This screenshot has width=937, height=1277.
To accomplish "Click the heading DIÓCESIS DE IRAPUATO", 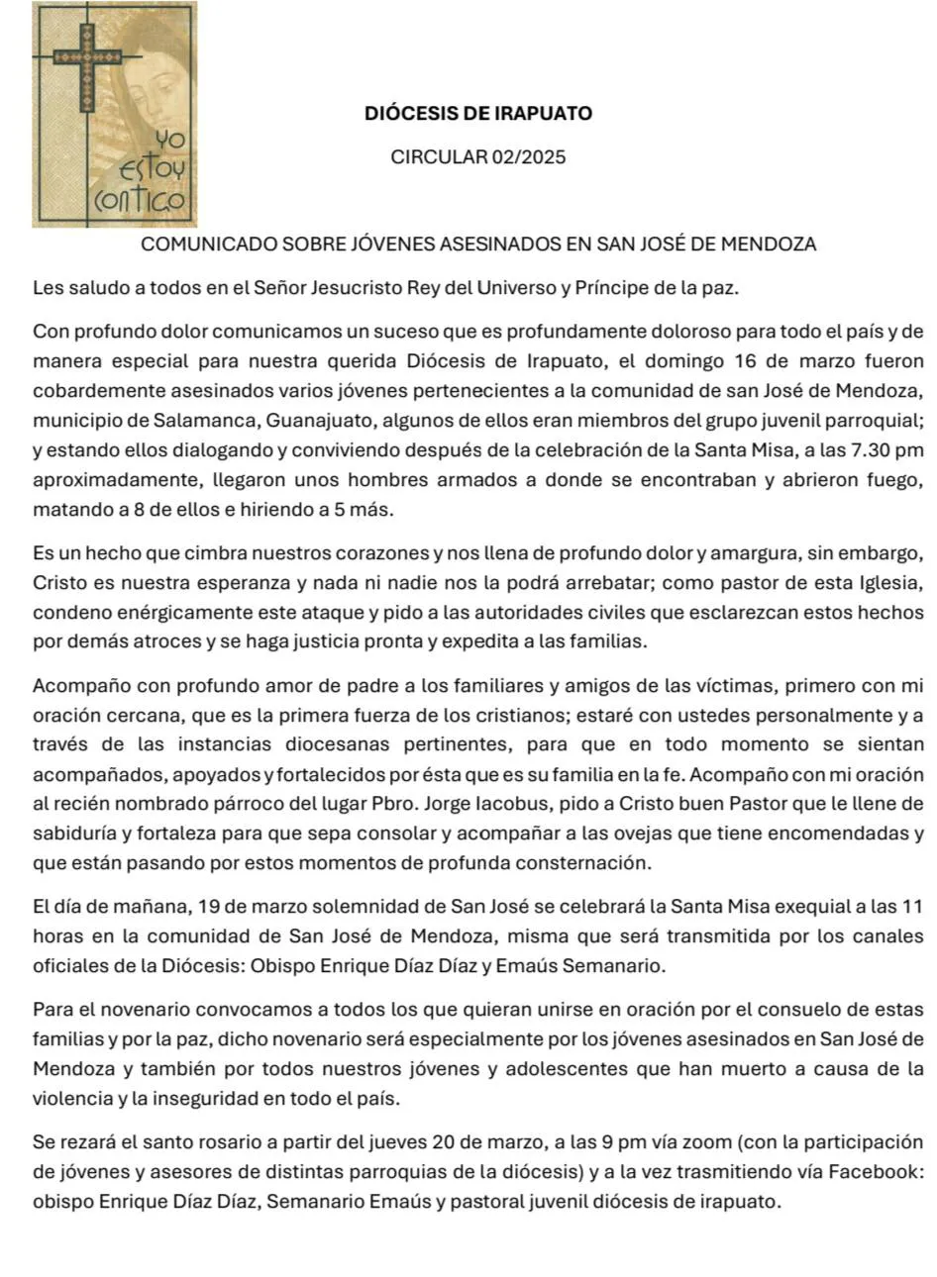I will click(478, 113).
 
